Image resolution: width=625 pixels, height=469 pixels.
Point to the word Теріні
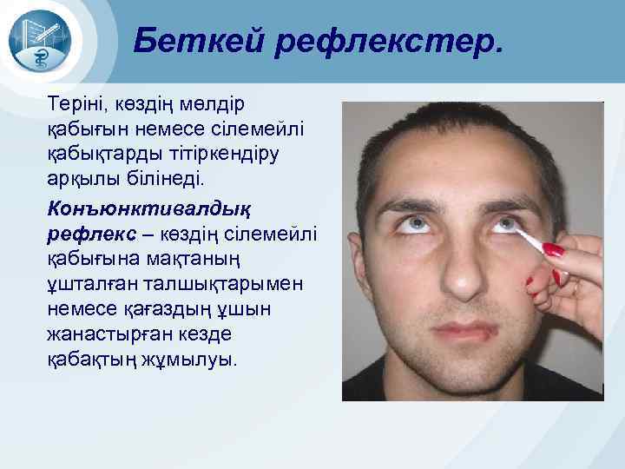pyautogui.click(x=76, y=105)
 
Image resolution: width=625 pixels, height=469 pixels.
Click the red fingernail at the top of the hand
pyautogui.click(x=552, y=250)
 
